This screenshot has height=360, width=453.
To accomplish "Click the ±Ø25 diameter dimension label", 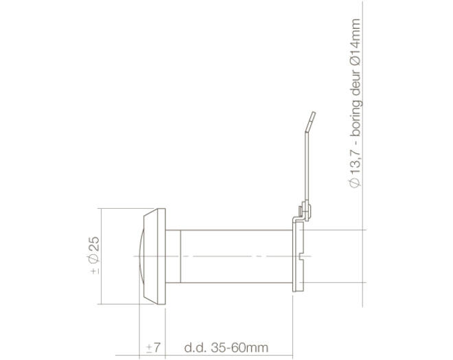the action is pos(95,256).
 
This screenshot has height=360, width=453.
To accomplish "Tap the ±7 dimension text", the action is pos(153,347).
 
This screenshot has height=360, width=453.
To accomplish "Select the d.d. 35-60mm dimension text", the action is pos(226,347).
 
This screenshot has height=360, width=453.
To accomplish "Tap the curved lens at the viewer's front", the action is pos(141,256).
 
